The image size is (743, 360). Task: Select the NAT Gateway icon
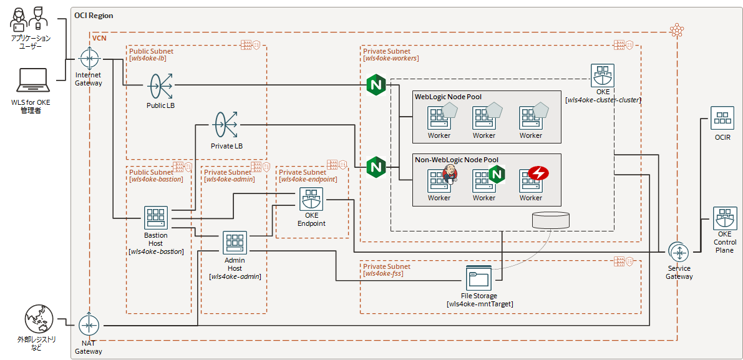89,325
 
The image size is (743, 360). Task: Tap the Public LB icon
160,85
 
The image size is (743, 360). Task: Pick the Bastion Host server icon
155,218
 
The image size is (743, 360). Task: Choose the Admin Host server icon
235,243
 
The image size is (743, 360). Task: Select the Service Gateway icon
679,251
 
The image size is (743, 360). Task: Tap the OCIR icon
723,118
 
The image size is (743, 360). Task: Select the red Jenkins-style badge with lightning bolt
537,173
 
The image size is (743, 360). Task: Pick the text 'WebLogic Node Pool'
448,97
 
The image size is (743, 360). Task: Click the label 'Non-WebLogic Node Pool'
456,160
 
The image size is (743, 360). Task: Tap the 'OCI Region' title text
94,15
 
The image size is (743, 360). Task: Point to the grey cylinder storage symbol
551,220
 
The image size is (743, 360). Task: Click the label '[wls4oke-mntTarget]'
480,304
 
